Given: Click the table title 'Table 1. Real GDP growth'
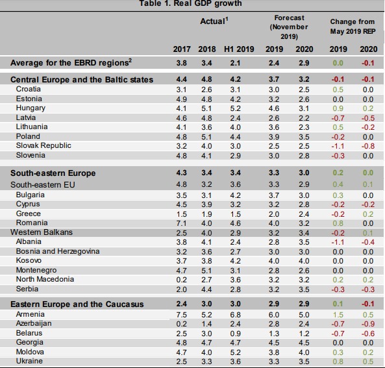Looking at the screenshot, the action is [x=190, y=3].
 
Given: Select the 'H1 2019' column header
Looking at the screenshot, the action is [x=239, y=49].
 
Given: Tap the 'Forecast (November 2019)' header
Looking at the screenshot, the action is [x=289, y=27].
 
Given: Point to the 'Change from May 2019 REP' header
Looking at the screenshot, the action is [x=353, y=27].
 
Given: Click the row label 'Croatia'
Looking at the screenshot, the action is [x=28, y=89].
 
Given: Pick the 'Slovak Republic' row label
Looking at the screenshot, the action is [x=43, y=145].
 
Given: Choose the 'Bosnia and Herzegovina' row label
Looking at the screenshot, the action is [x=58, y=251].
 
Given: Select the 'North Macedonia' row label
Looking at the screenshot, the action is [x=45, y=279].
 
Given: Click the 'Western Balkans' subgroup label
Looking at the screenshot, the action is [x=42, y=232].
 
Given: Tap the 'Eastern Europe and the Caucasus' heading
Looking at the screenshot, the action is [x=77, y=304].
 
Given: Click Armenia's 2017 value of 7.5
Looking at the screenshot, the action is [x=181, y=315].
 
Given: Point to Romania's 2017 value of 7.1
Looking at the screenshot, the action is [x=181, y=223].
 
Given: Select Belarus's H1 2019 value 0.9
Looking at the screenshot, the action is [x=235, y=334].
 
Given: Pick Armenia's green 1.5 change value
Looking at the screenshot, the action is [x=338, y=315].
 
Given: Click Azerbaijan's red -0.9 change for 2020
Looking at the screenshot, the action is [x=368, y=324].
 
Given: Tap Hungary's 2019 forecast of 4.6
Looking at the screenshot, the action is [x=274, y=108].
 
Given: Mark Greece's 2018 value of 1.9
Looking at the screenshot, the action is [x=206, y=214].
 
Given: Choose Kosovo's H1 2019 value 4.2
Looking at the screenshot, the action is [x=235, y=261].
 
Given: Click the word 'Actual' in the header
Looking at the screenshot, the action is [x=212, y=21].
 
